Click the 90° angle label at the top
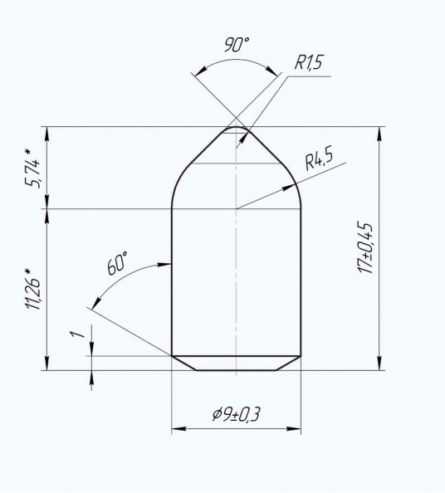[237, 44]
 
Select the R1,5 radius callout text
[309, 62]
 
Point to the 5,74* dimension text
[32, 168]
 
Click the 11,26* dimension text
[32, 289]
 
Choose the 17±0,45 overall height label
[365, 247]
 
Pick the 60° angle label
[117, 263]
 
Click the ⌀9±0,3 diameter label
[236, 414]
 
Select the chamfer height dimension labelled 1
[78, 334]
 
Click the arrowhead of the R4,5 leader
[288, 188]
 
